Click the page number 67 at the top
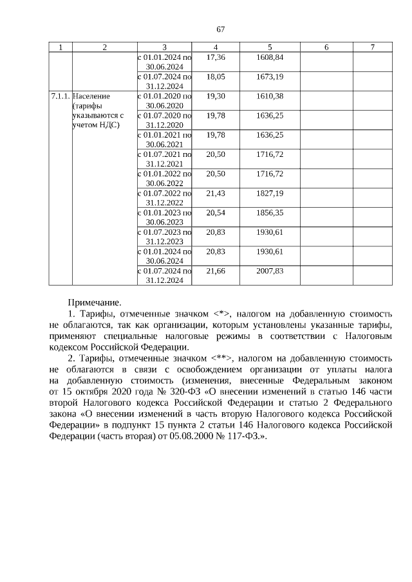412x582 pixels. coord(220,30)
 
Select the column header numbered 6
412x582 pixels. coord(326,47)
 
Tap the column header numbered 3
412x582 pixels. coord(164,47)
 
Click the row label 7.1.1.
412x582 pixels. coord(61,96)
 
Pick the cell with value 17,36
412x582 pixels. coord(215,57)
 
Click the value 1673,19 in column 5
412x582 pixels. coord(270,77)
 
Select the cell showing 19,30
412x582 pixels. coord(215,96)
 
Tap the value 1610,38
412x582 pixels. coord(270,96)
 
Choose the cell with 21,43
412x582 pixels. coord(215,193)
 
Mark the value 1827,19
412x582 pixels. coord(270,193)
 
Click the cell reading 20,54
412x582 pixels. coord(215,212)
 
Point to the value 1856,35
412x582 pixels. coord(270,212)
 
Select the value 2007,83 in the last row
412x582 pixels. coord(270,271)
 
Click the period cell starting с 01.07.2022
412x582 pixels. coord(164,197)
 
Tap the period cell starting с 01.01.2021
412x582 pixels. coord(164,139)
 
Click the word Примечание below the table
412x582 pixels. coord(94,302)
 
